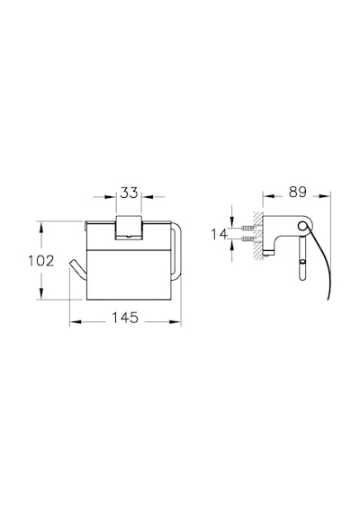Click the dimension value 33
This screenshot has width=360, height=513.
[x=129, y=193]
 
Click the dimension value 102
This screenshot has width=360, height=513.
[x=40, y=261]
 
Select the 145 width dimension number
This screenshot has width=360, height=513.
[x=125, y=318]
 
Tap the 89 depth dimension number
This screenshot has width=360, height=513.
[x=298, y=192]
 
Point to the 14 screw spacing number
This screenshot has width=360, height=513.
[x=219, y=234]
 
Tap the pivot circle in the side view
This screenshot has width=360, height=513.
[x=302, y=225]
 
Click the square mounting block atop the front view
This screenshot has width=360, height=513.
[x=129, y=227]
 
